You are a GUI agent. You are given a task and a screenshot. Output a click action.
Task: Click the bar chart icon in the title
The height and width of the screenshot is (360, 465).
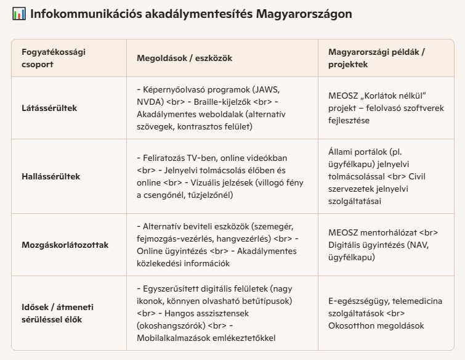click(18, 14)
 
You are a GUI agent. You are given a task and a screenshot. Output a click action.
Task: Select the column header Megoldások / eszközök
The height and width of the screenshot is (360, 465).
click(184, 58)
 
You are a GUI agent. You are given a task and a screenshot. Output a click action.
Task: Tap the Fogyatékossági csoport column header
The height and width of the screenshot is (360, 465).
click(53, 58)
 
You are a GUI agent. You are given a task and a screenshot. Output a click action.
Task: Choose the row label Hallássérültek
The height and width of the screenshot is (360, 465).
click(51, 176)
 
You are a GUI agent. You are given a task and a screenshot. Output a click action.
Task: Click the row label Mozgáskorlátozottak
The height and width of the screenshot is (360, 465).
click(65, 245)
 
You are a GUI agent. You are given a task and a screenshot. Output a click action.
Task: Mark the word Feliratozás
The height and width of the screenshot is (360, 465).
click(169, 158)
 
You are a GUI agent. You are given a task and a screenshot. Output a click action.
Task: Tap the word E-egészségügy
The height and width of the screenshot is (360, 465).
click(359, 301)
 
